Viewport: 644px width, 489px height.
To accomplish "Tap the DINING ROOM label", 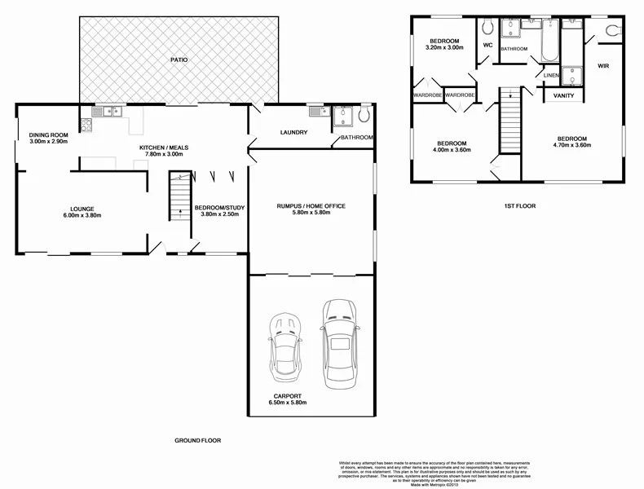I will tap(48, 135).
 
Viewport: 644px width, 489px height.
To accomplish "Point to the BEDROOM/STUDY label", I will tap(218, 208).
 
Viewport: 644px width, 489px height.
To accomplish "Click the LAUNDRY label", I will tap(292, 132).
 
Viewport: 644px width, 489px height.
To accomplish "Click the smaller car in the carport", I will tap(285, 346).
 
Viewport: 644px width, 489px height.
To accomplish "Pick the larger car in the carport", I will tap(337, 343).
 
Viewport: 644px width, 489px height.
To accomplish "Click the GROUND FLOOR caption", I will tap(197, 440).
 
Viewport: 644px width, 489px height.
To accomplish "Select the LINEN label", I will tap(551, 76).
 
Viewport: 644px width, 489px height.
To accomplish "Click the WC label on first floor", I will tap(488, 46).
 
